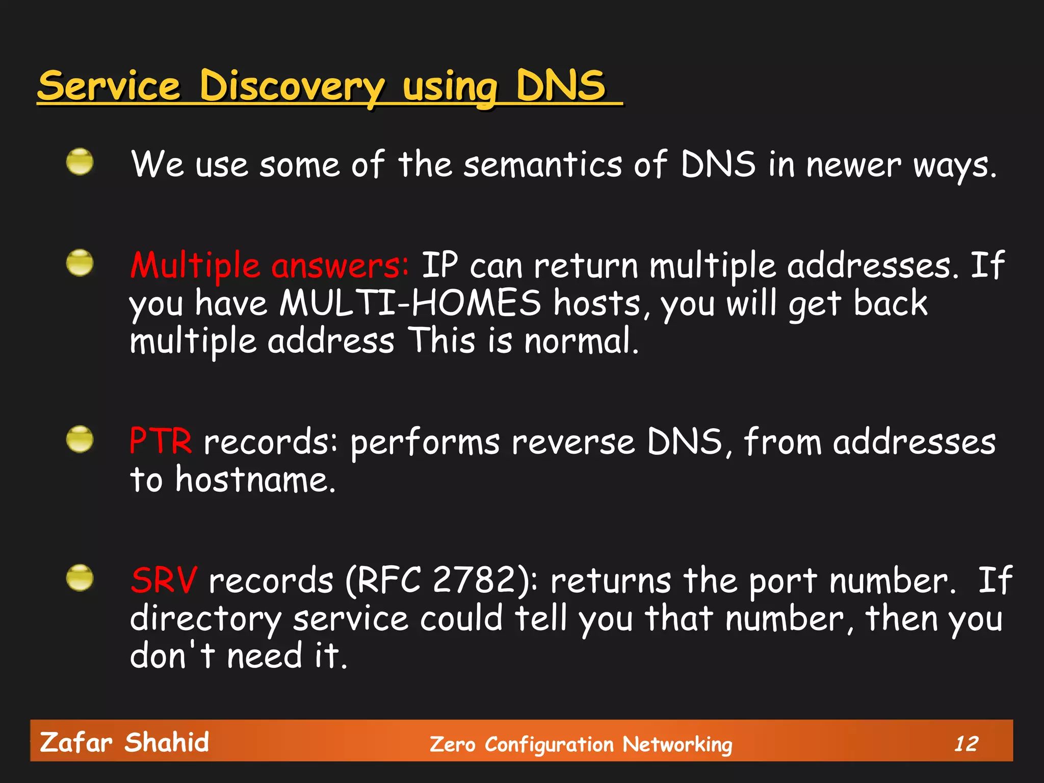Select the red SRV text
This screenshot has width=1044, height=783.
point(164,580)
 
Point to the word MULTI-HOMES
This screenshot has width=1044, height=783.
point(410,303)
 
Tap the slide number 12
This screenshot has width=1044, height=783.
point(966,743)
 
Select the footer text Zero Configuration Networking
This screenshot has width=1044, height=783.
point(581,744)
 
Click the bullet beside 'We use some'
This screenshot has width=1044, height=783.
point(80,162)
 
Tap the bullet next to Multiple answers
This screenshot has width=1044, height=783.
point(80,263)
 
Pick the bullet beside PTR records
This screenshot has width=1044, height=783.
point(80,439)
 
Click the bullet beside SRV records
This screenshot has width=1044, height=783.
point(80,578)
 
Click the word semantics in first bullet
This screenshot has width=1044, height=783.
point(542,165)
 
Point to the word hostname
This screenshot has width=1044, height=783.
point(255,480)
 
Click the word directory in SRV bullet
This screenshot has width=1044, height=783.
point(206,619)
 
